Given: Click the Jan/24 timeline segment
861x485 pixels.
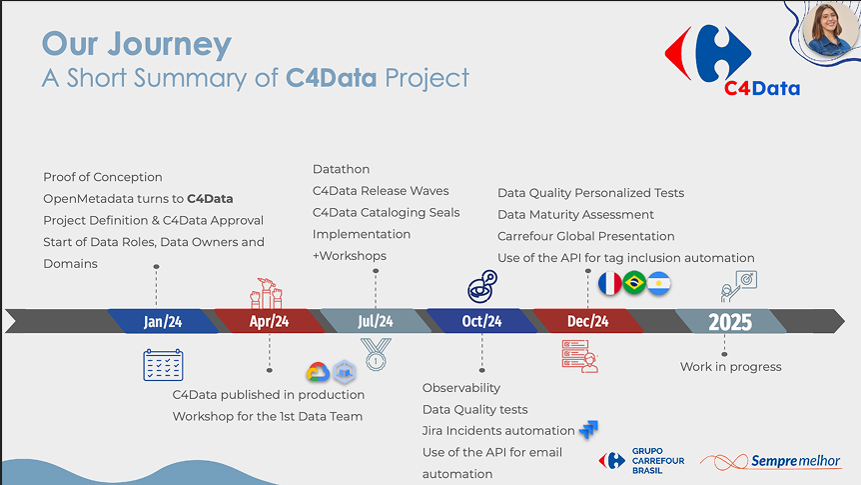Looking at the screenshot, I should (x=162, y=321).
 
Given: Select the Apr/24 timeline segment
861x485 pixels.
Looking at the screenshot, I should (x=268, y=321).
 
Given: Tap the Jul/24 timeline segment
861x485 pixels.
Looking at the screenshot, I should (x=375, y=321).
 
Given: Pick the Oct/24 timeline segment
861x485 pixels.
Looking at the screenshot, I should (x=481, y=321).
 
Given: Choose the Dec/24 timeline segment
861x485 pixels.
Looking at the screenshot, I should (x=587, y=321).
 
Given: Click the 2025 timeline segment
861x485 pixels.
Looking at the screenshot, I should (x=729, y=321).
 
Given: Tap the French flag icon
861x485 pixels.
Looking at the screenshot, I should (x=609, y=284).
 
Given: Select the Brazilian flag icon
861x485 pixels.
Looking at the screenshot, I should (x=634, y=284).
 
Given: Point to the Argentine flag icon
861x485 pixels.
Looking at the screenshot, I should (x=659, y=284).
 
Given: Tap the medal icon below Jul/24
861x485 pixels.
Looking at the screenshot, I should (x=376, y=353).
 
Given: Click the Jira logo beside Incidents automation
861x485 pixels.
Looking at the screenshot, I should (x=588, y=430).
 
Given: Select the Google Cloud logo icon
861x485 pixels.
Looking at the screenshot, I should (x=319, y=371).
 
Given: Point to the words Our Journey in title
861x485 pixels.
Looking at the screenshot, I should (x=137, y=44).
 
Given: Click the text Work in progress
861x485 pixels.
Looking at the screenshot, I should (x=730, y=366).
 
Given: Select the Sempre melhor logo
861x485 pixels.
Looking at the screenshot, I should (x=770, y=461).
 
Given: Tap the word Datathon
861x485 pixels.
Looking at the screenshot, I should (x=341, y=169).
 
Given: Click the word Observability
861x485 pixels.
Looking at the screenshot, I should (x=461, y=387).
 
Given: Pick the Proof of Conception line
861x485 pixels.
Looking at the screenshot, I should (x=103, y=177).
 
